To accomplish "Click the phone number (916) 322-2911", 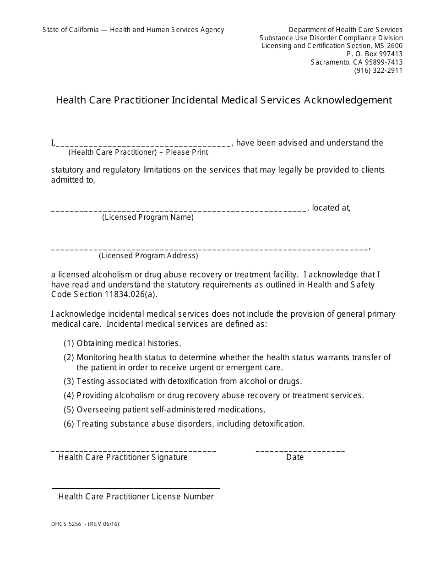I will [378, 70].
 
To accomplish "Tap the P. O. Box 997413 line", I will [375, 54].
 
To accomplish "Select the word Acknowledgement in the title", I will [348, 100].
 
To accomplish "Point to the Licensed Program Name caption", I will [147, 217].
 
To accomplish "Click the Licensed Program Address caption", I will [148, 256].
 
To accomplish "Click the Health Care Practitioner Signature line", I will [133, 450].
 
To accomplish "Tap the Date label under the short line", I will [295, 457].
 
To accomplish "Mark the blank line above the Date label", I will [300, 450].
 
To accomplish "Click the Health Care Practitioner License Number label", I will [136, 497].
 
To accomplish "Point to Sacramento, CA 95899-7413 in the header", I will [357, 62].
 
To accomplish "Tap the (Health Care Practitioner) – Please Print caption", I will [138, 152].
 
